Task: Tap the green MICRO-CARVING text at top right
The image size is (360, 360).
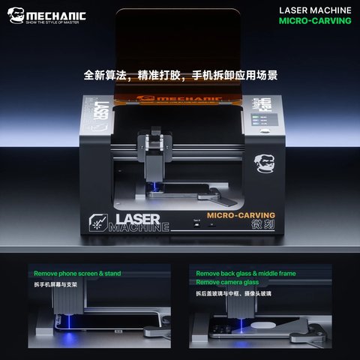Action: (315, 21)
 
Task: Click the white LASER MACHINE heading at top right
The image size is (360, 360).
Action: (315, 10)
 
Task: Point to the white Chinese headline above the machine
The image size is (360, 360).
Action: (180, 75)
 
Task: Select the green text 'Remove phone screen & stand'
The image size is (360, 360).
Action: (77, 274)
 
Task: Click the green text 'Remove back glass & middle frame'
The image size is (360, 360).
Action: (245, 274)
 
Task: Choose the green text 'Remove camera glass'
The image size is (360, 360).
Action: (228, 283)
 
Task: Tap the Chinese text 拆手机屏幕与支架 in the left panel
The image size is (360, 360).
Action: (65, 285)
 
